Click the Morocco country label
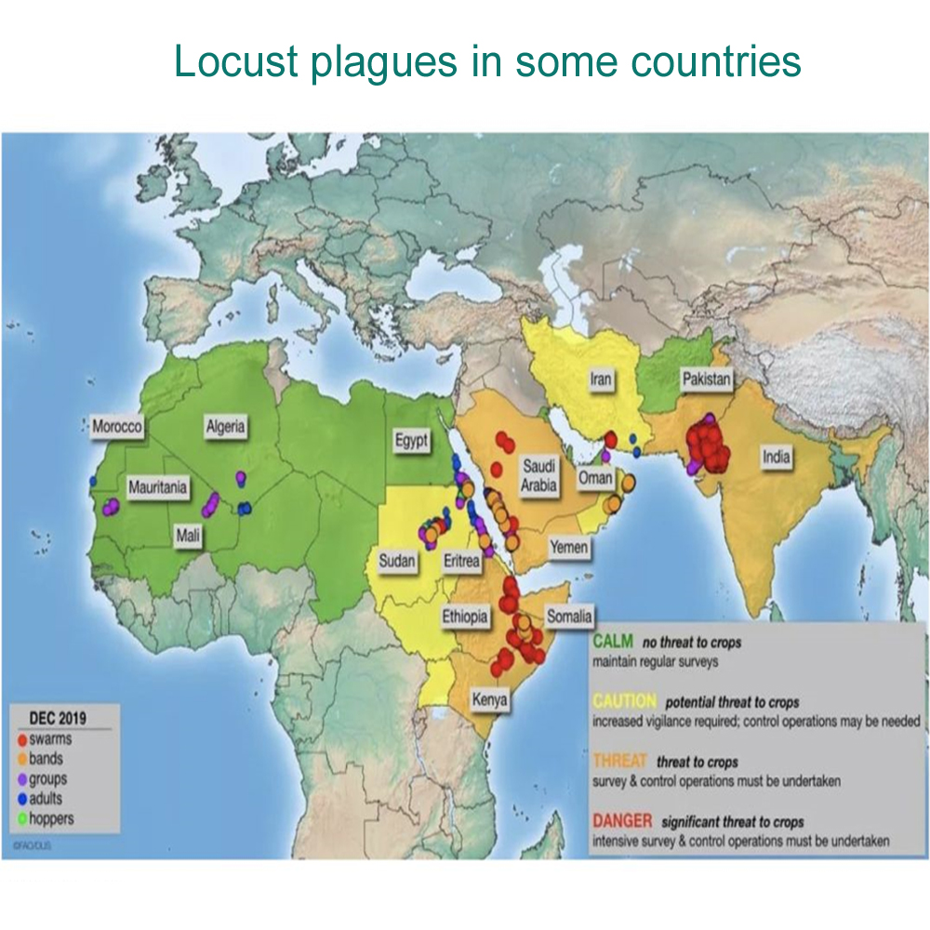click(117, 427)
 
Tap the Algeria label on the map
click(226, 427)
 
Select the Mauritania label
click(157, 487)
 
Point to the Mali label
click(189, 537)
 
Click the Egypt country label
click(411, 441)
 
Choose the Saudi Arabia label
click(538, 474)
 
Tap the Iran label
click(600, 379)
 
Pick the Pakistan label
click(707, 379)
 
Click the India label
click(777, 457)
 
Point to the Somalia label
click(567, 616)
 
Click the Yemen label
click(567, 547)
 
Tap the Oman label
click(595, 478)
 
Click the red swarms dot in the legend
click(22, 740)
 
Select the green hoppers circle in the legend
click(22, 818)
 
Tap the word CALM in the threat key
click(612, 643)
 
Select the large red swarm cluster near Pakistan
click(709, 447)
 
